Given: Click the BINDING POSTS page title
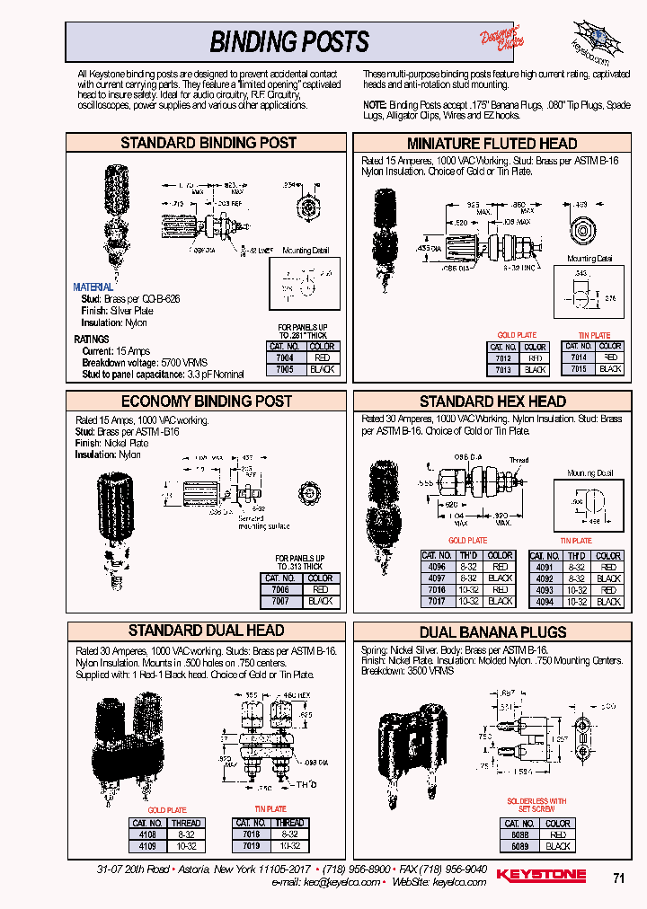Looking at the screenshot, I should [288, 41].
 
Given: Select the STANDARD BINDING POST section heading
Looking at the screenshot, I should [208, 143].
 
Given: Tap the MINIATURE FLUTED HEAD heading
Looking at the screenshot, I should [492, 144].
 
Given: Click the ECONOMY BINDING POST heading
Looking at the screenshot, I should [207, 401].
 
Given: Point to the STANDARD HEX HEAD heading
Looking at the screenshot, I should [492, 402].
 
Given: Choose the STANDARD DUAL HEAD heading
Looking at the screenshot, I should [206, 631].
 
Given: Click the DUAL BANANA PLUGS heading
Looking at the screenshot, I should [492, 632].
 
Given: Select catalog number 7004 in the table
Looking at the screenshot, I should [284, 357].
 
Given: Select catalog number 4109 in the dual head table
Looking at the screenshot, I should [146, 846].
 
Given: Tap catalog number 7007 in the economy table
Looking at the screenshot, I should [279, 601].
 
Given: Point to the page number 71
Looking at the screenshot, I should [618, 879].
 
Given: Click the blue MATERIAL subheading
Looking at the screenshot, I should [93, 287].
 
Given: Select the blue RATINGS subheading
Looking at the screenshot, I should [92, 340].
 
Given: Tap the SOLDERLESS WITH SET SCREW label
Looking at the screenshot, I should [536, 804].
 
